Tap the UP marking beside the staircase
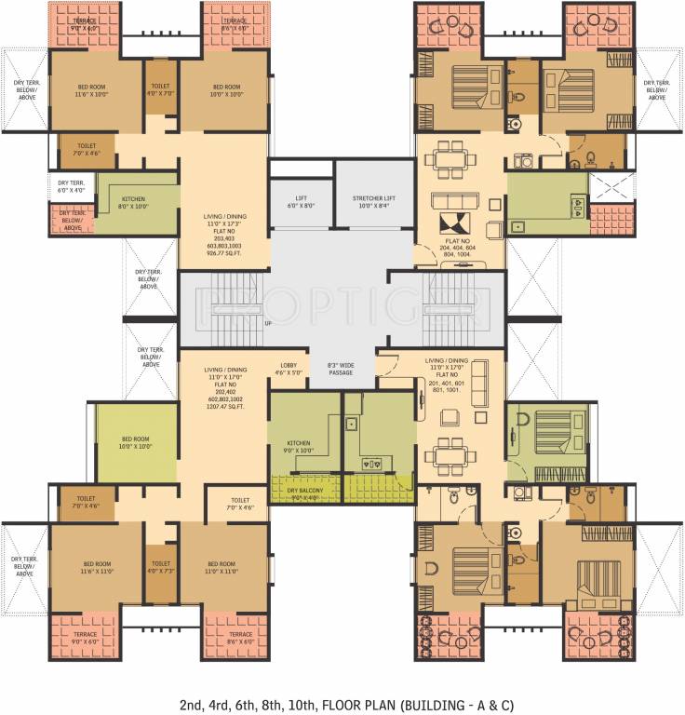tap(269, 323)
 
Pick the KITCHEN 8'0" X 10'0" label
tap(133, 202)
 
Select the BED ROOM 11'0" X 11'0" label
tap(221, 568)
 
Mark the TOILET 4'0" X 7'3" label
tap(161, 568)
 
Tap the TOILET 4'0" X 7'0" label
tap(159, 90)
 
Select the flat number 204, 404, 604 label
tap(456, 248)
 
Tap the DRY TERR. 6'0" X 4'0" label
tap(72, 187)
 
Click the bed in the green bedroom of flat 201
tap(548, 434)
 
